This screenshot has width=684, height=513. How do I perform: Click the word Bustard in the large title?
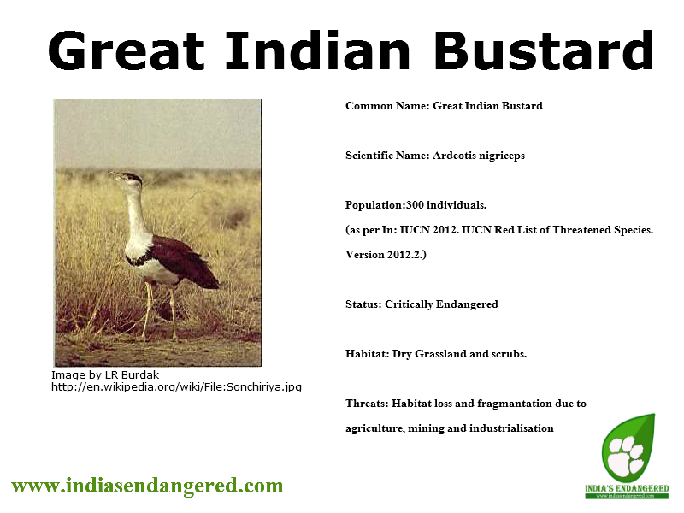point(544,50)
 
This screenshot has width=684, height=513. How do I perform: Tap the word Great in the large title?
point(126,50)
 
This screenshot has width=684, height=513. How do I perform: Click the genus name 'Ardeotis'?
point(454,156)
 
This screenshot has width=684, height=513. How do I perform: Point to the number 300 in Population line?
point(415,205)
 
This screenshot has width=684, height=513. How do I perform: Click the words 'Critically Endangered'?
point(441,304)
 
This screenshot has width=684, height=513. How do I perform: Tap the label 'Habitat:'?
point(368,354)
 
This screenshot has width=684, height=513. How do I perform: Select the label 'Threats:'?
point(367,404)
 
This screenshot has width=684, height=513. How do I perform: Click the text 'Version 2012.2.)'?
point(386,255)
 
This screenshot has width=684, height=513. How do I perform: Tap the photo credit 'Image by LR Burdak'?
point(105,375)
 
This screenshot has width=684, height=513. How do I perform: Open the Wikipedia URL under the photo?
point(176,387)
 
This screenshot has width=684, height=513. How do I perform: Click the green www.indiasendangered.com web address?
point(147,486)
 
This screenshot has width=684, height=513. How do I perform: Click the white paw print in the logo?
point(627,456)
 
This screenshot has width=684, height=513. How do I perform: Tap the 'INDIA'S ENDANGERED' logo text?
point(627,488)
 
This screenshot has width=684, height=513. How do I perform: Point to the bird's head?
point(127,179)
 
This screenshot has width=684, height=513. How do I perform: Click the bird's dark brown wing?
point(183,261)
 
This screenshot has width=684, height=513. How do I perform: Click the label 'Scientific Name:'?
point(387,156)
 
